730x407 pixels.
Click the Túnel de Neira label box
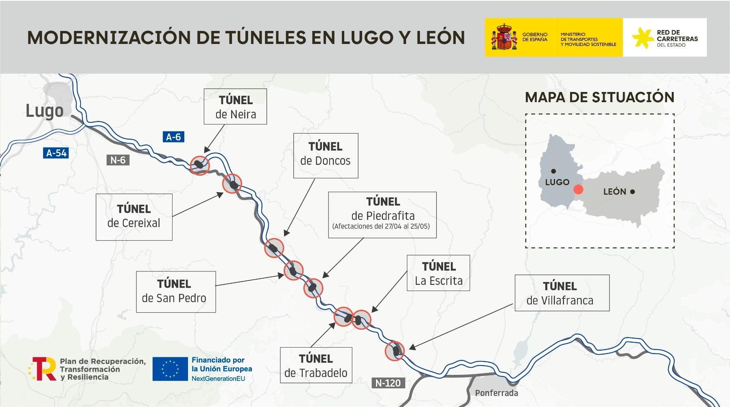(x=235, y=107)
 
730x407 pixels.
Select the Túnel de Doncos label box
(x=326, y=155)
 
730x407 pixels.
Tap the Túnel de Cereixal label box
(x=134, y=217)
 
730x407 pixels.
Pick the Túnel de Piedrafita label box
(x=382, y=215)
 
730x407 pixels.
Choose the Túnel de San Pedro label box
(x=176, y=292)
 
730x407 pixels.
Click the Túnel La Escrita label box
(x=438, y=273)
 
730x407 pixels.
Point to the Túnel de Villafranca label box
(x=562, y=293)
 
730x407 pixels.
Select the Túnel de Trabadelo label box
(x=316, y=365)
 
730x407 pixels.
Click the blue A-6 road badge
(x=173, y=137)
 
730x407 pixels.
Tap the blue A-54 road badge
(x=56, y=153)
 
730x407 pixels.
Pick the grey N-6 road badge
(x=118, y=160)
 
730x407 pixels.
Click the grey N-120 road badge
(x=388, y=383)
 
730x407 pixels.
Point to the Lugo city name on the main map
(x=45, y=111)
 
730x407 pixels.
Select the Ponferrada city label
(x=496, y=393)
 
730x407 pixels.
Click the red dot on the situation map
(x=578, y=189)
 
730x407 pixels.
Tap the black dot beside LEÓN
(x=632, y=192)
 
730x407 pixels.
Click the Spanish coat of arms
(x=504, y=37)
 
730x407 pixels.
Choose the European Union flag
(x=170, y=369)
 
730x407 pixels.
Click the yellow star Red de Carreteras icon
(x=643, y=37)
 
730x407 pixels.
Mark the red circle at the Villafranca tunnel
(x=394, y=351)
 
